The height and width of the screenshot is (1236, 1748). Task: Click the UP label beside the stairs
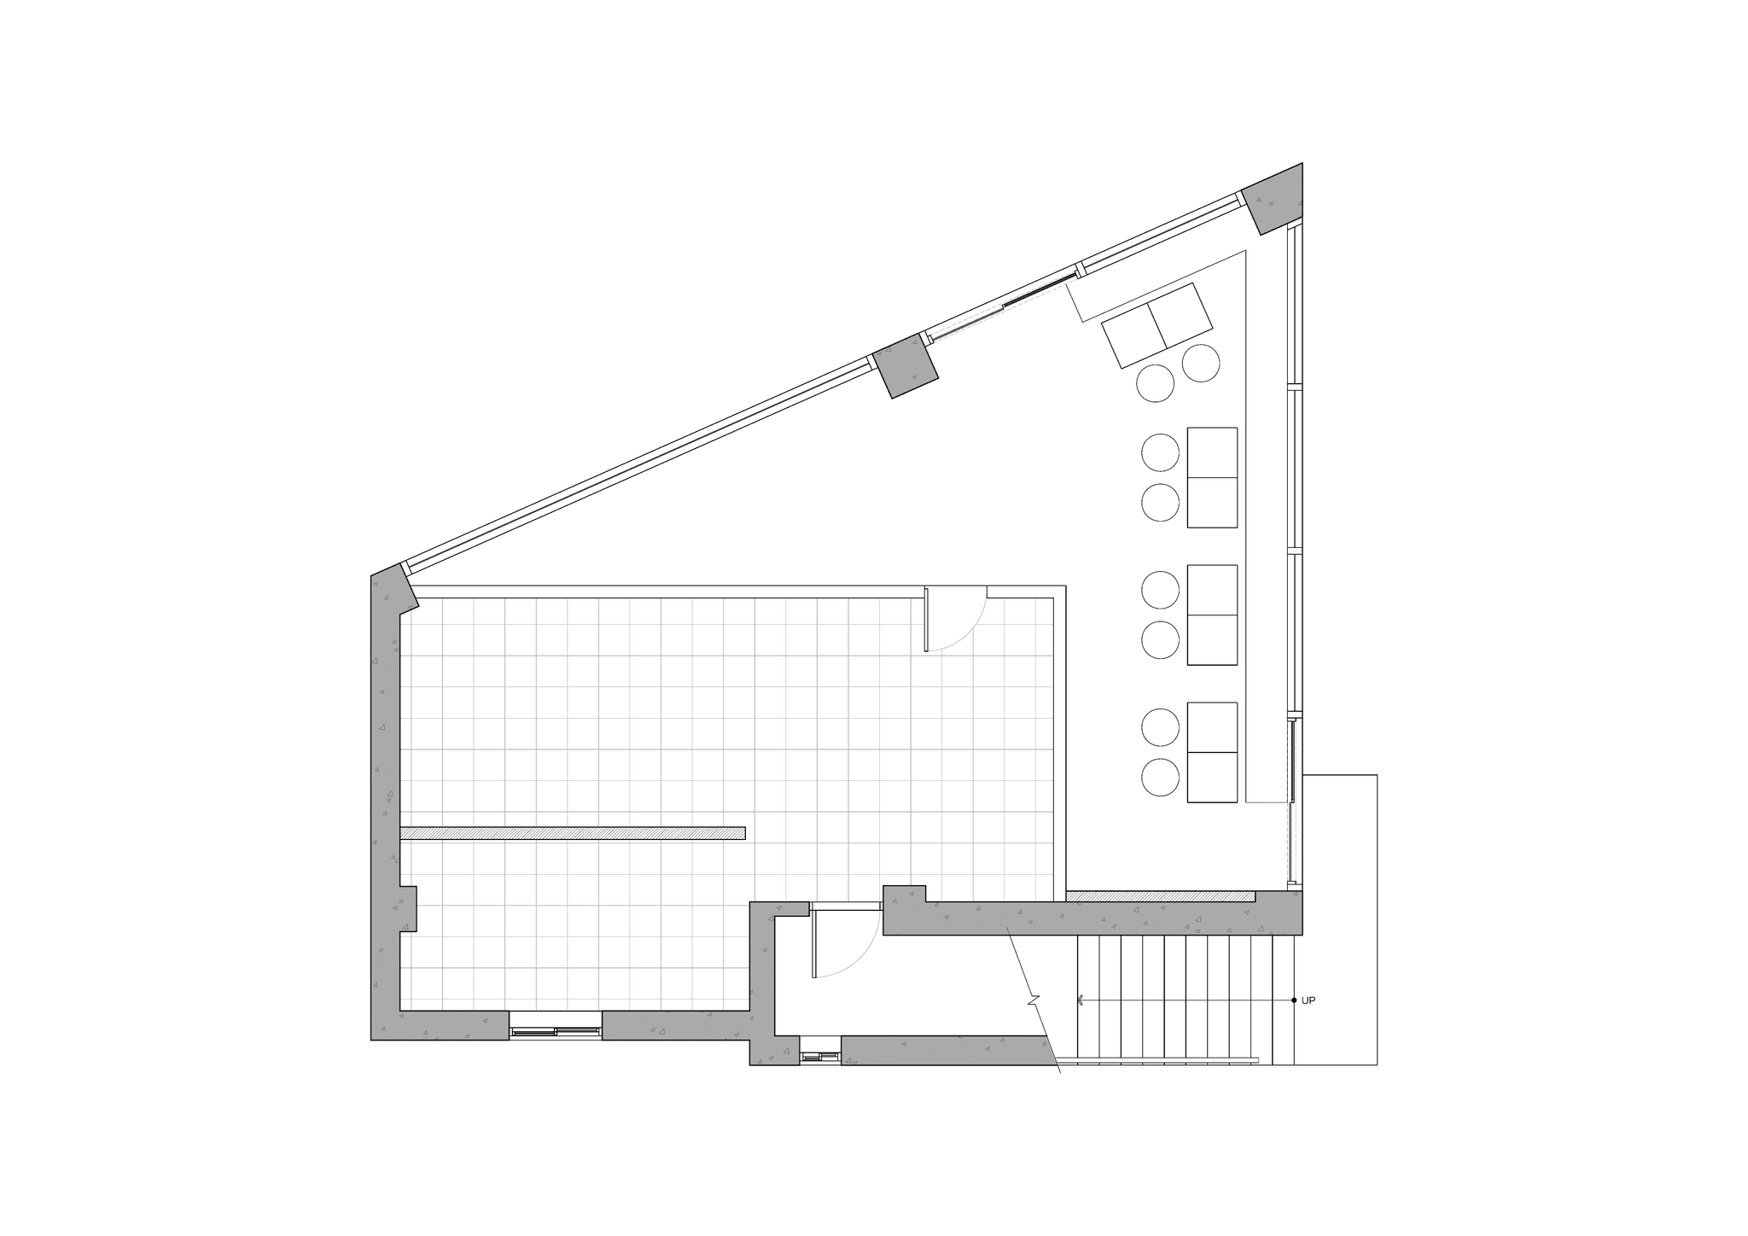(x=1308, y=1000)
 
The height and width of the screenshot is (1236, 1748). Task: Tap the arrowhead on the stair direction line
(x=1081, y=1000)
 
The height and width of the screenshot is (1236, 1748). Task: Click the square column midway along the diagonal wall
(x=905, y=366)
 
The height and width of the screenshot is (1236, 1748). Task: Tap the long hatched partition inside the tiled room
(x=573, y=833)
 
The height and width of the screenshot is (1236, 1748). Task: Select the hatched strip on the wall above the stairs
(x=1161, y=896)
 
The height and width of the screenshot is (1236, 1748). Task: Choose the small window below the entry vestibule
(x=820, y=1057)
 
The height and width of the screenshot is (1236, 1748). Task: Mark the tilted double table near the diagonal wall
(x=1157, y=325)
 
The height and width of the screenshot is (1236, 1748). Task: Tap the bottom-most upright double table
(x=1212, y=752)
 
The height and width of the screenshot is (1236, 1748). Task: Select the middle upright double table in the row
(x=1212, y=615)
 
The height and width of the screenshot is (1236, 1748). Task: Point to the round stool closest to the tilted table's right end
(x=1201, y=363)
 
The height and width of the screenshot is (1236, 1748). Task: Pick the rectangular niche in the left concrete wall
(x=408, y=909)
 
